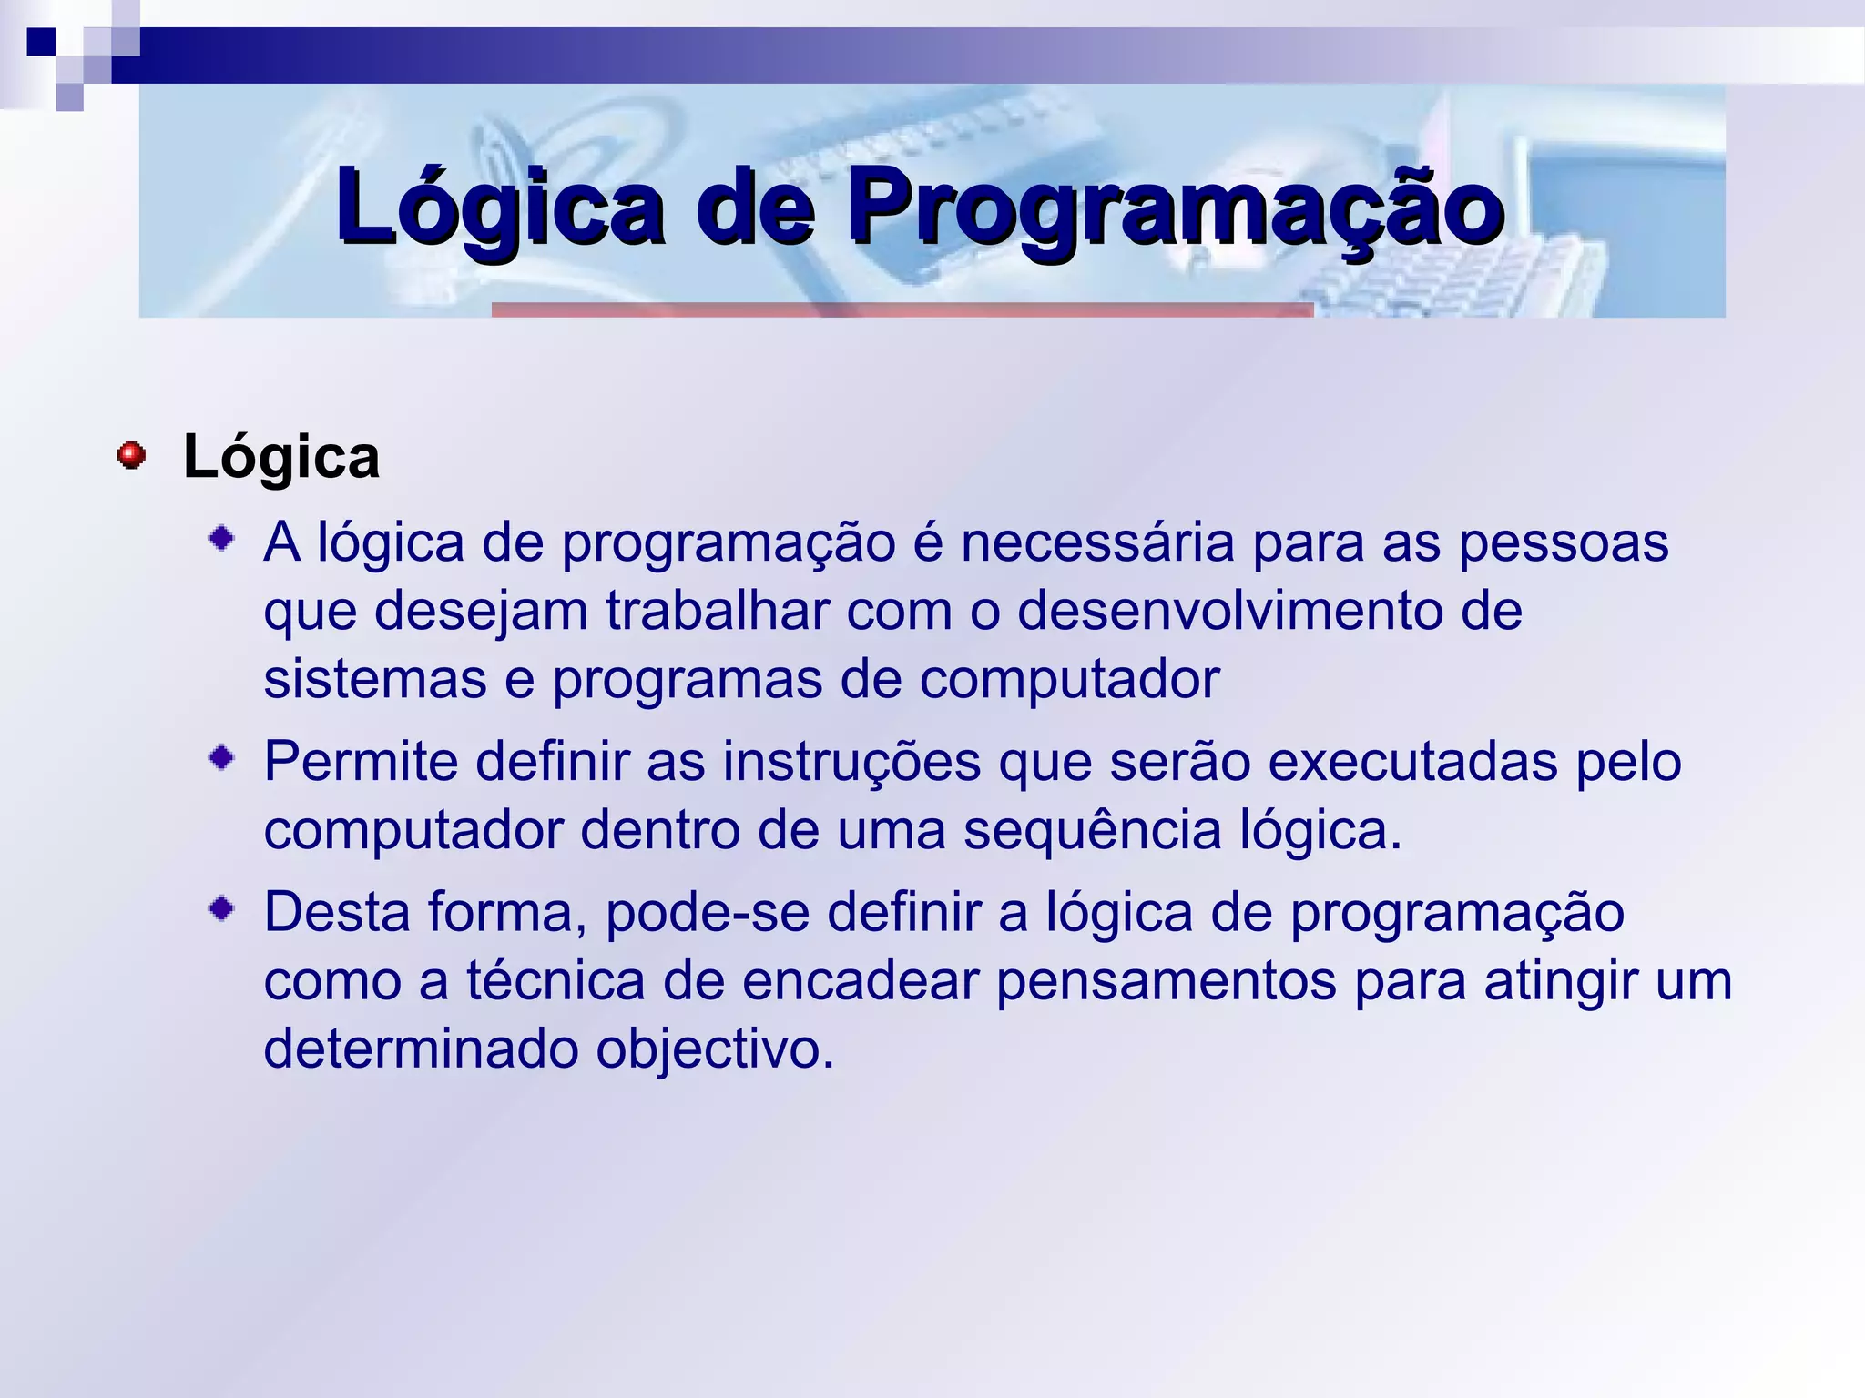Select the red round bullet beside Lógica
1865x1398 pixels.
131,455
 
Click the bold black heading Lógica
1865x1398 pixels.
281,457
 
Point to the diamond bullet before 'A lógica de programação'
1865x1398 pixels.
221,538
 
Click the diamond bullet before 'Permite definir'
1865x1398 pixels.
221,756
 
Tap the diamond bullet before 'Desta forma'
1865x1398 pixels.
221,907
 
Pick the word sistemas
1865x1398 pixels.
374,680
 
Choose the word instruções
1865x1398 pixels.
851,762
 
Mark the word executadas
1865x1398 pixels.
1412,762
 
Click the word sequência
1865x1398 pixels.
1092,831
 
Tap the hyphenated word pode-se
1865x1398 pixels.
707,913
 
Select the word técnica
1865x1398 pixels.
555,981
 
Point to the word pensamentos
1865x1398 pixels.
1166,981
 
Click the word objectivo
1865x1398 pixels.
715,1049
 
